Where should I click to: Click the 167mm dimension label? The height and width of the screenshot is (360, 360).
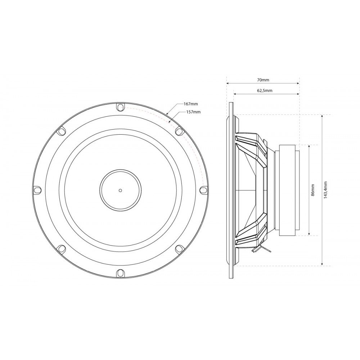tap(190, 104)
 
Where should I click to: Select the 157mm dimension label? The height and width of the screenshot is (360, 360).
tap(193, 112)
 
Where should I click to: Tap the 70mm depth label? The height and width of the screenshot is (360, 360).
tap(263, 80)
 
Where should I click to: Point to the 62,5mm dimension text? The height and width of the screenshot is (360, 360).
tap(265, 90)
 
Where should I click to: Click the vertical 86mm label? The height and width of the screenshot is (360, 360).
tap(313, 190)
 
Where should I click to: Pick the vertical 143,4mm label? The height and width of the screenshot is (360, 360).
tap(325, 190)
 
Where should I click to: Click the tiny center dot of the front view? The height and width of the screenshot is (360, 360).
tap(120, 190)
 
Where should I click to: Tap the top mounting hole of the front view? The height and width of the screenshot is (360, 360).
tap(120, 107)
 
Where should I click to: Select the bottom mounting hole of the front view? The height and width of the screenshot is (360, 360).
tap(120, 273)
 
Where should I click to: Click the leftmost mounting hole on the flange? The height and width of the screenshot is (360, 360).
tap(37, 190)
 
